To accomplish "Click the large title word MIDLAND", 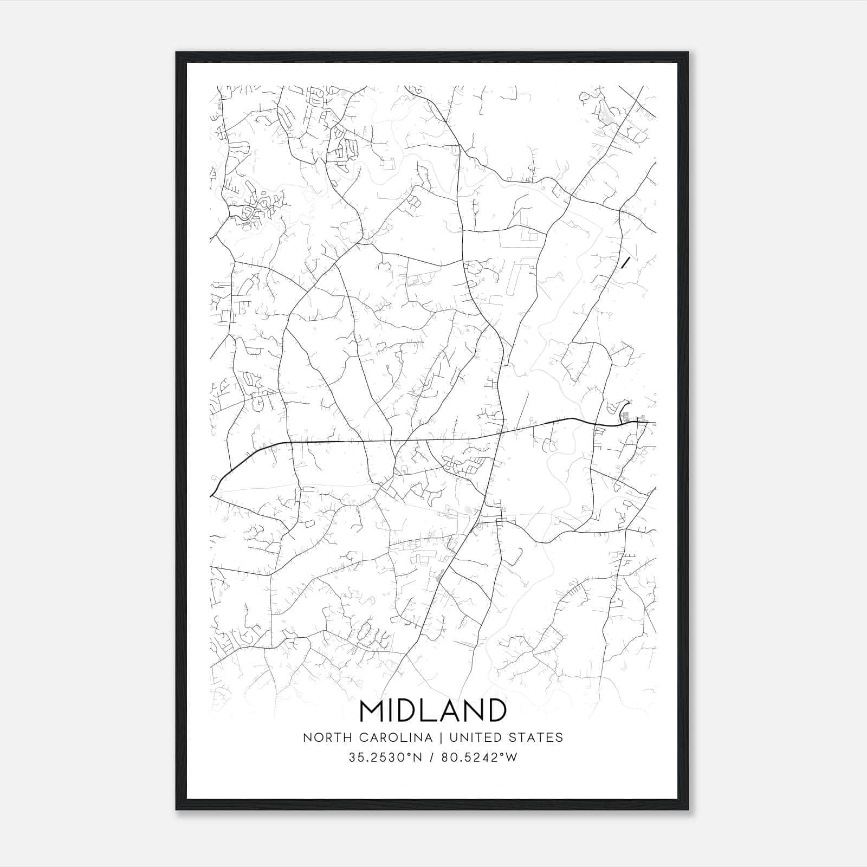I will tap(433, 710).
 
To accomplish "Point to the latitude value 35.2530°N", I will tap(385, 758).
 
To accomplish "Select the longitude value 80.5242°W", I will tap(479, 758).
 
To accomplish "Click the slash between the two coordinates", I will tap(432, 758).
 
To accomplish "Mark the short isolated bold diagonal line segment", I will tap(625, 263).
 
